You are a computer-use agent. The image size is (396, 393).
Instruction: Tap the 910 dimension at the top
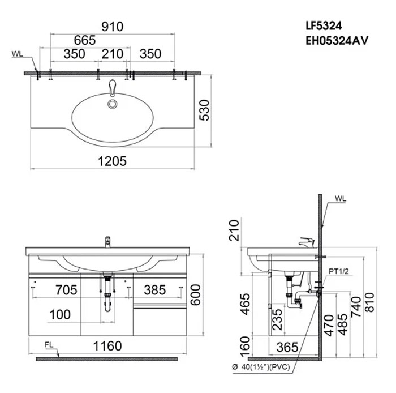click(x=112, y=26)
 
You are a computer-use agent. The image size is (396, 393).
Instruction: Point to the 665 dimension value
click(x=84, y=40)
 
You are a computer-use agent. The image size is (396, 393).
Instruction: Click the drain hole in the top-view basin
click(x=113, y=104)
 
